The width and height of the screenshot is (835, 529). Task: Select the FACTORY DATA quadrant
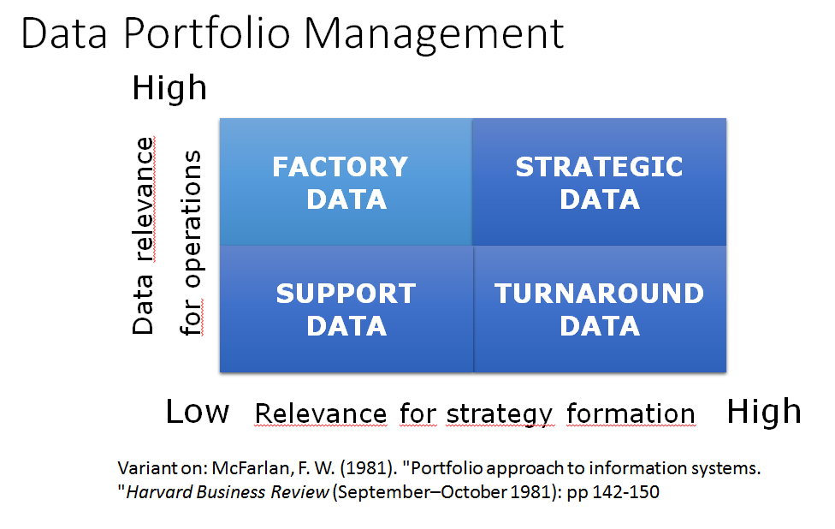[346, 182]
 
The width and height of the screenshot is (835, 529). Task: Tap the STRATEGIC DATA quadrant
[599, 182]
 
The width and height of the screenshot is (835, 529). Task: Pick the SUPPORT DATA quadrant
[346, 309]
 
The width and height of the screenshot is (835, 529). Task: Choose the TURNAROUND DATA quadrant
[599, 309]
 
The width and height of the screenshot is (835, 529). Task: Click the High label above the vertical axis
[169, 87]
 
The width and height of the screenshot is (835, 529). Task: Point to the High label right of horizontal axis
[763, 412]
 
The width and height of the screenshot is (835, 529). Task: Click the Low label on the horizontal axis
[197, 412]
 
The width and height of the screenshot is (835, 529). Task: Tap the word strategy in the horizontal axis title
[499, 414]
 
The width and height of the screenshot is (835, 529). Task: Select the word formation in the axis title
[631, 413]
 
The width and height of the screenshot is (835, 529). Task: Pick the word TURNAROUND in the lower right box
[599, 294]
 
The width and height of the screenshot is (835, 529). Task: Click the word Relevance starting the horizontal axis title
[321, 413]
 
